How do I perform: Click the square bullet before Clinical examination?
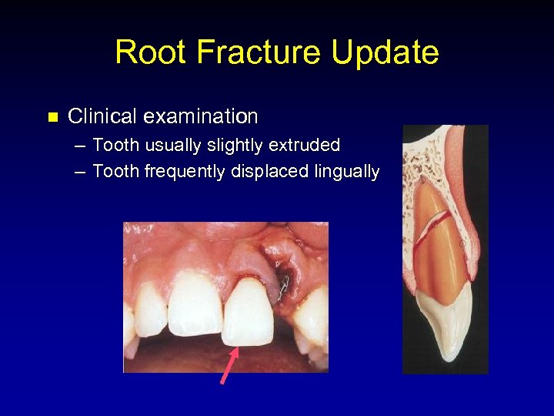[x=52, y=118]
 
